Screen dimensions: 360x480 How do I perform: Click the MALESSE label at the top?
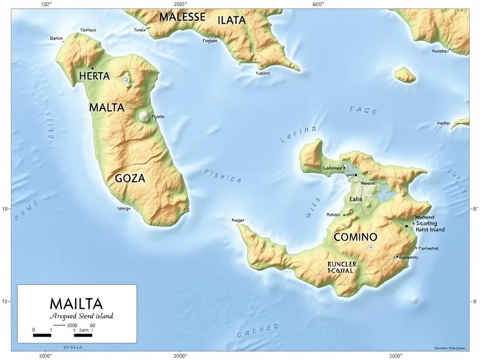click(x=182, y=17)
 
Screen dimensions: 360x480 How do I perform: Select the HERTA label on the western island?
click(x=94, y=76)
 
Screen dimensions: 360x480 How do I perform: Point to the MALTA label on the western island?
click(x=106, y=108)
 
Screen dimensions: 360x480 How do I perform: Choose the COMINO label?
click(x=355, y=237)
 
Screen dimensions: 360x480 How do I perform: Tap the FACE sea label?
click(x=363, y=111)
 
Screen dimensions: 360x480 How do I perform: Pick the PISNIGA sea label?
click(x=223, y=175)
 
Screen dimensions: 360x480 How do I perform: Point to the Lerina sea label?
click(x=298, y=134)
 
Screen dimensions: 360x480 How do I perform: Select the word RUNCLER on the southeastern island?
click(x=342, y=264)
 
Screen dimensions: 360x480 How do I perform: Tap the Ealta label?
click(x=356, y=199)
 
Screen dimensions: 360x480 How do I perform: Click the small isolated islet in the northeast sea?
click(x=405, y=75)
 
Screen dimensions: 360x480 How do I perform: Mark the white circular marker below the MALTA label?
click(x=144, y=117)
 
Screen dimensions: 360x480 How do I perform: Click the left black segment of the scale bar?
click(x=42, y=335)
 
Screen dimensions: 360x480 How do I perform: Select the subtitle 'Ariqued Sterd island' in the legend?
click(x=81, y=316)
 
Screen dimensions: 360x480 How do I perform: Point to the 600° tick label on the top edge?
click(x=318, y=4)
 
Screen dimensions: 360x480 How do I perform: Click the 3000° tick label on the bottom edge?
click(x=396, y=355)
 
